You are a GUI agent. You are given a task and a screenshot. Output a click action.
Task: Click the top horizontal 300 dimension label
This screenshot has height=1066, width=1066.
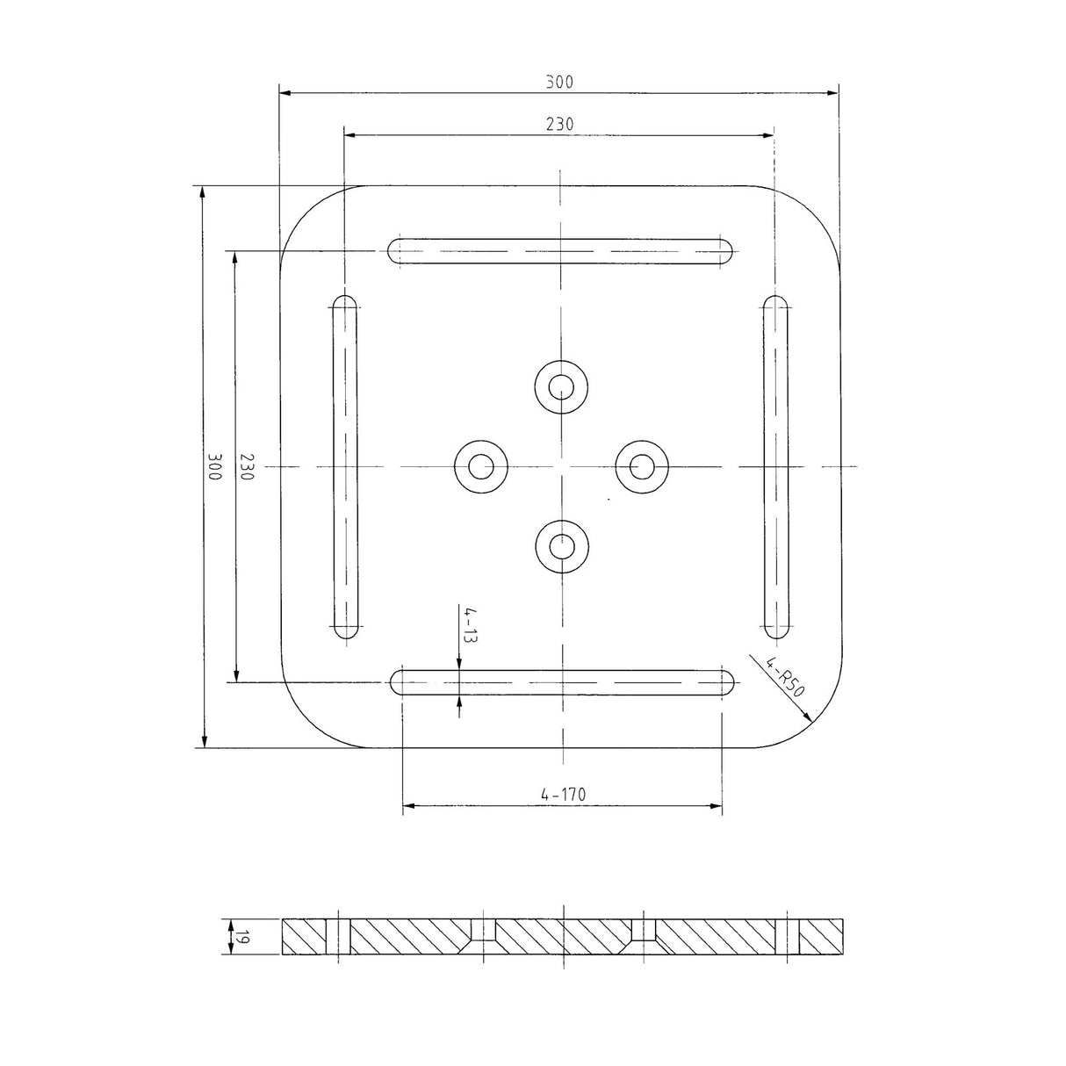tap(558, 83)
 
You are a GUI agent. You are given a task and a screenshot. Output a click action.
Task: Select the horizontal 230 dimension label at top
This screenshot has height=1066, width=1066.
tap(558, 125)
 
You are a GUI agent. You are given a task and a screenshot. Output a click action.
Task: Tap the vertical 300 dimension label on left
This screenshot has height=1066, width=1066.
tap(214, 466)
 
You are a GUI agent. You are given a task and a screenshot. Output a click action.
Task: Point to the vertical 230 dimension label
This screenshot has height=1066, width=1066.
tap(247, 466)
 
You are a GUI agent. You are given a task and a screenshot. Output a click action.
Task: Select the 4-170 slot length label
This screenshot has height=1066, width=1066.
tap(563, 795)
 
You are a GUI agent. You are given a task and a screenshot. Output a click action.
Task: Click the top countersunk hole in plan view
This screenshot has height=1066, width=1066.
tap(561, 385)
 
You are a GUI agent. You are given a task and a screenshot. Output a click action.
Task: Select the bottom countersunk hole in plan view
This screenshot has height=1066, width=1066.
tap(561, 545)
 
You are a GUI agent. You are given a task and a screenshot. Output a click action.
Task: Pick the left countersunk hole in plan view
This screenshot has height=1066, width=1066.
tap(480, 465)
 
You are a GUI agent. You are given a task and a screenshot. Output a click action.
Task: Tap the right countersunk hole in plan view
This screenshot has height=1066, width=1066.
tap(641, 465)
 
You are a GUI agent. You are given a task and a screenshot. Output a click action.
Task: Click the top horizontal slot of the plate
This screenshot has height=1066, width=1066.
tap(561, 252)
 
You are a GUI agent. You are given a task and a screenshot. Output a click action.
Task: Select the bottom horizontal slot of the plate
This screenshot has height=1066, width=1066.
tap(561, 682)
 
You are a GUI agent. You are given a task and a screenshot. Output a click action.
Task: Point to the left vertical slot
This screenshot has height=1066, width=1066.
tap(345, 467)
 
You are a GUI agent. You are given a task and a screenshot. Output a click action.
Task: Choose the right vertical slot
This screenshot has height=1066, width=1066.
tap(775, 467)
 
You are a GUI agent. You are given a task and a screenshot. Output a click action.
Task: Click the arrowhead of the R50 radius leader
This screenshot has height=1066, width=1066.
tap(808, 718)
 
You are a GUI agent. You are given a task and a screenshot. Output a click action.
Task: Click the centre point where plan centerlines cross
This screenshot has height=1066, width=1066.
tap(561, 465)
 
